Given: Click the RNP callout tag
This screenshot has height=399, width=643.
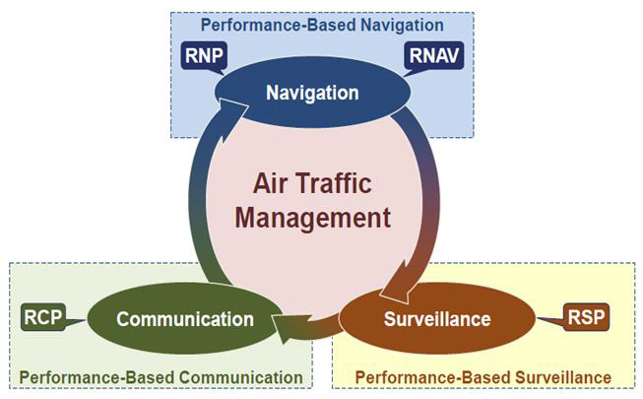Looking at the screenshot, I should pyautogui.click(x=205, y=54).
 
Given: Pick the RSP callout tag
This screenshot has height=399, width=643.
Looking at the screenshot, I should pyautogui.click(x=587, y=317).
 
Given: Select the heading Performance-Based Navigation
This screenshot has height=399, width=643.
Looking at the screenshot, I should pyautogui.click(x=323, y=23).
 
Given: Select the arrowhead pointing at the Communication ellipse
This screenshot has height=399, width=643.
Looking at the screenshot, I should pyautogui.click(x=287, y=325).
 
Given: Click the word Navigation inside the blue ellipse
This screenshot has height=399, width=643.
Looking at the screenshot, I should pyautogui.click(x=312, y=94).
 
